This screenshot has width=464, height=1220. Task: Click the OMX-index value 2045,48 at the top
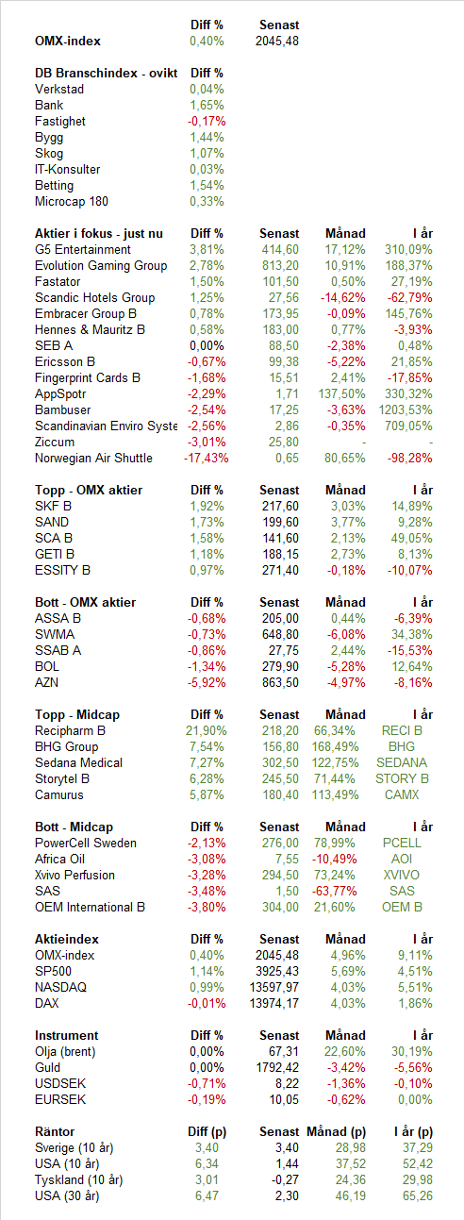pyautogui.click(x=276, y=41)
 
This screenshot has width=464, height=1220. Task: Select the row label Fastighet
pyautogui.click(x=60, y=122)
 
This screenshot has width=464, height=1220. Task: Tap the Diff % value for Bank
pyautogui.click(x=207, y=105)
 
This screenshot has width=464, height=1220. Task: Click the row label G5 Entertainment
pyautogui.click(x=83, y=249)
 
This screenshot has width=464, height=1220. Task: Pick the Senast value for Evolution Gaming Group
pyautogui.click(x=280, y=265)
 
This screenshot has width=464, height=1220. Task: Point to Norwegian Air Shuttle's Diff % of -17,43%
pyautogui.click(x=206, y=458)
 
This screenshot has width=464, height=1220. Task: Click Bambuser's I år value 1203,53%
pyautogui.click(x=406, y=409)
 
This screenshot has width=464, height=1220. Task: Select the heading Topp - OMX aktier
pyautogui.click(x=89, y=491)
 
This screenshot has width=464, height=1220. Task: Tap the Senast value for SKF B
pyautogui.click(x=280, y=506)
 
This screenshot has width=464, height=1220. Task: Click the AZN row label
pyautogui.click(x=46, y=682)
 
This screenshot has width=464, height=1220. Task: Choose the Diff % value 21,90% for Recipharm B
pyautogui.click(x=206, y=730)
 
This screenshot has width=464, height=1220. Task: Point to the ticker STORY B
pyautogui.click(x=402, y=778)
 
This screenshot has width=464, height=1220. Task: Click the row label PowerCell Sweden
pyautogui.click(x=86, y=844)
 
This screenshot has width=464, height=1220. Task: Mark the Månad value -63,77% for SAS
pyautogui.click(x=335, y=891)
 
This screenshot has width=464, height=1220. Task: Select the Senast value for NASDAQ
pyautogui.click(x=274, y=987)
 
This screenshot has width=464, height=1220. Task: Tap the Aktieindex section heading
pyautogui.click(x=67, y=939)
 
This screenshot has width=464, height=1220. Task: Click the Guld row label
pyautogui.click(x=47, y=1067)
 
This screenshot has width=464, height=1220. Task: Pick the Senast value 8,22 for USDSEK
pyautogui.click(x=287, y=1083)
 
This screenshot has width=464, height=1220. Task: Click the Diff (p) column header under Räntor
pyautogui.click(x=207, y=1131)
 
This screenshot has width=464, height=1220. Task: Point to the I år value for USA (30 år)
pyautogui.click(x=418, y=1196)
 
